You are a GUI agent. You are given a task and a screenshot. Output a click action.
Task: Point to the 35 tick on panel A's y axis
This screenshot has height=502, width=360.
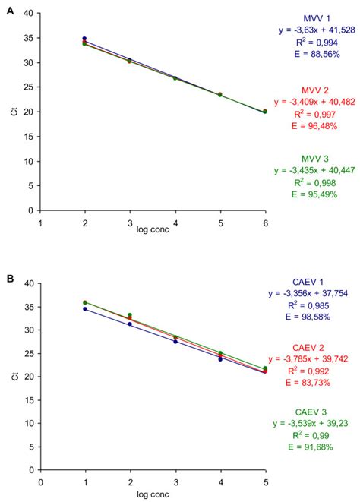click(x=28, y=38)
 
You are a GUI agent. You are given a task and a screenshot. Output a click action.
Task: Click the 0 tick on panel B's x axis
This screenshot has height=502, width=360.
click(x=40, y=481)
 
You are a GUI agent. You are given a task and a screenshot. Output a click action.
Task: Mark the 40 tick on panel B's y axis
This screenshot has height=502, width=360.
click(x=28, y=283)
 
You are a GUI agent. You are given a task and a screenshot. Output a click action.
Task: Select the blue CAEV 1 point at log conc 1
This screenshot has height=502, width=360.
click(x=84, y=309)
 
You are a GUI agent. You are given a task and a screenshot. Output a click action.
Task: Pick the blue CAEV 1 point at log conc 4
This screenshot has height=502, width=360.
click(x=220, y=359)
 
